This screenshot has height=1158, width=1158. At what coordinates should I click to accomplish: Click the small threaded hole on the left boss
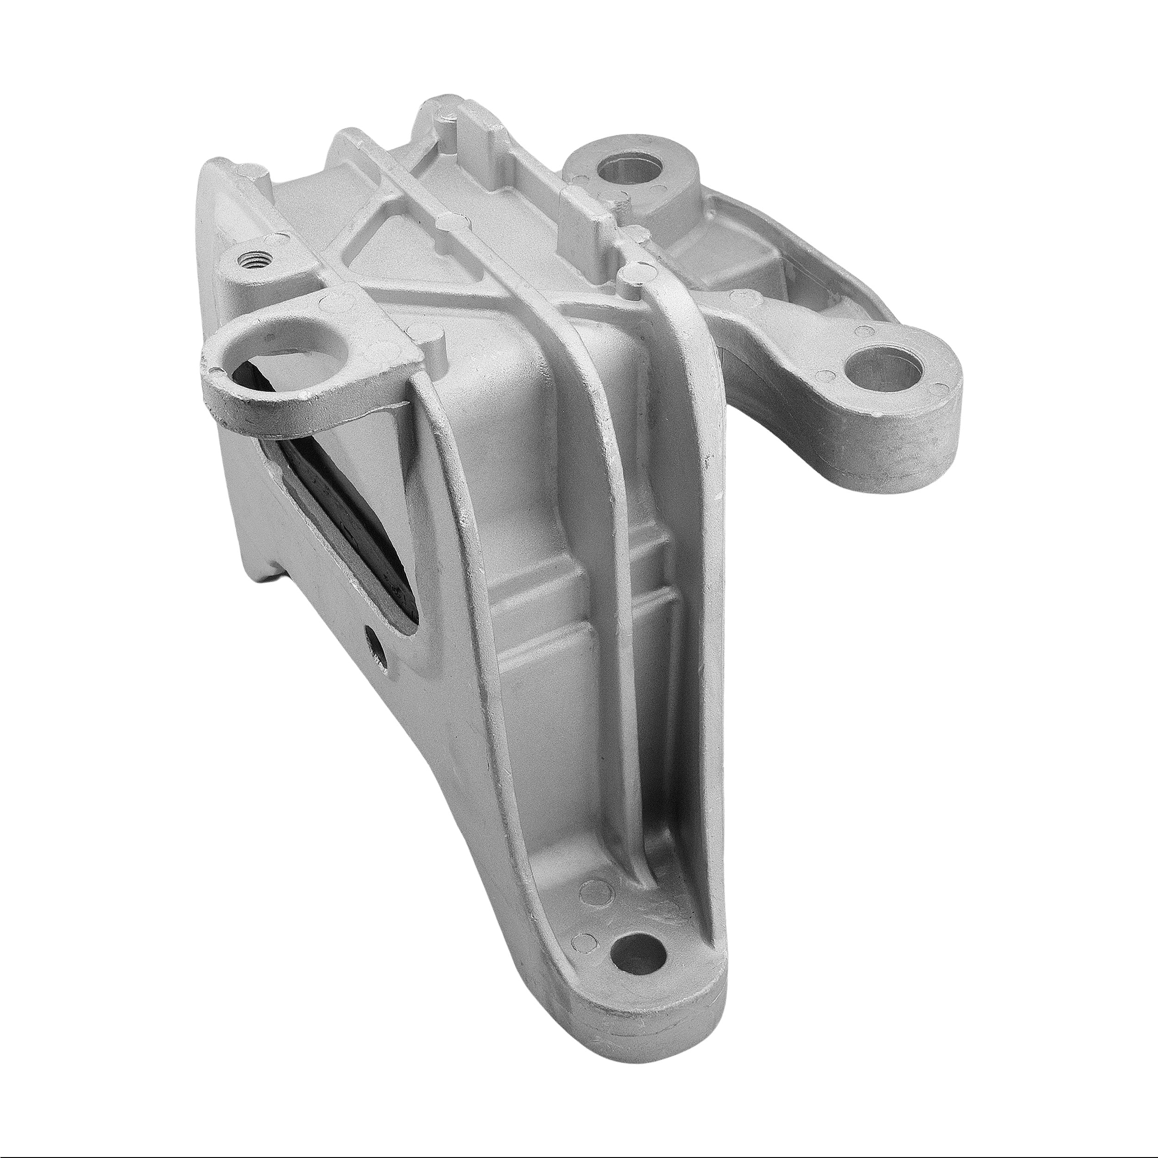tap(255, 260)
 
